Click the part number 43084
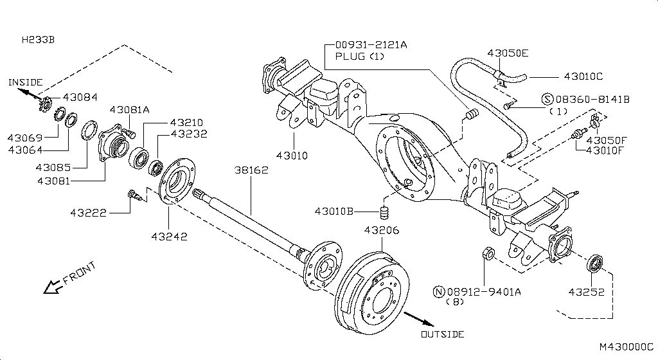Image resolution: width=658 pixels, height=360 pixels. point(80,97)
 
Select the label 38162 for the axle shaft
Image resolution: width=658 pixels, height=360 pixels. point(251,170)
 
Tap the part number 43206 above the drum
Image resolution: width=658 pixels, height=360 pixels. point(382,230)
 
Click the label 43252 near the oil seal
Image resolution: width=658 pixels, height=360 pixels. point(585,292)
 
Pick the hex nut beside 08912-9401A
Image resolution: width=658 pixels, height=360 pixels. point(488,253)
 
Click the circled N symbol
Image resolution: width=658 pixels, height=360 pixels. point(440,292)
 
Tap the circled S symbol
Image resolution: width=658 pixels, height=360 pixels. point(547,99)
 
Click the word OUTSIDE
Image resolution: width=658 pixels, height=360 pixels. point(442,334)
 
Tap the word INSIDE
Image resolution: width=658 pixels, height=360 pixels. point(25,82)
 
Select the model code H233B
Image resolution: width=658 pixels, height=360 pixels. point(38,40)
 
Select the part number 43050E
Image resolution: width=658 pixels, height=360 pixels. point(508,53)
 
